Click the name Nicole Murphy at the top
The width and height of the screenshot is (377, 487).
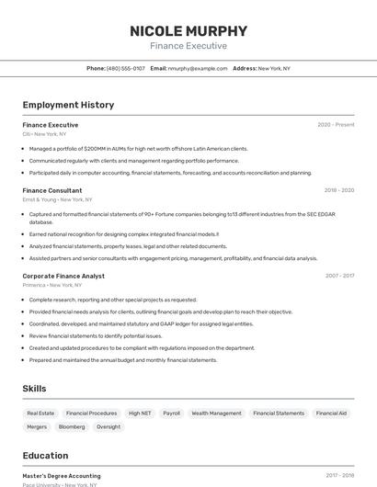coord(188,30)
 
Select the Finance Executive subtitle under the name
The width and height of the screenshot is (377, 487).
coord(188,46)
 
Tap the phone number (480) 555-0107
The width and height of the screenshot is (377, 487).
coord(126,69)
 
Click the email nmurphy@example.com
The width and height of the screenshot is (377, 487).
coord(198,69)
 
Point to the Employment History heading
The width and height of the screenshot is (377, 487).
coord(68,105)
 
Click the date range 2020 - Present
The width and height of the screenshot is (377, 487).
coord(336,125)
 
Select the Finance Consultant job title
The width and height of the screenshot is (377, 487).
coord(52,190)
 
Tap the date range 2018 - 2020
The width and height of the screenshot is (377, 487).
coord(339,190)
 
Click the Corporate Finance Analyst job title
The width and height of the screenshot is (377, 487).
coord(63,276)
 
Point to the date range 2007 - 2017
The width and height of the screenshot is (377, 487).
coord(339,276)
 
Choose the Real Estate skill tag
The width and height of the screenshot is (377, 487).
coord(41,413)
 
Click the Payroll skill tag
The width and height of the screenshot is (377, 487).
coord(172,413)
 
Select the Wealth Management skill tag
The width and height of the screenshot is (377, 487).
coord(216,413)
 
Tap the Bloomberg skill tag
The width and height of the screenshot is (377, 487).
coord(72,427)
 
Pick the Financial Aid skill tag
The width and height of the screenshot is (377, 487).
coord(331,413)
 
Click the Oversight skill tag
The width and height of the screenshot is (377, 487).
coord(109,427)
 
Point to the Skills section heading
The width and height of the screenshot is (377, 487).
coord(35,389)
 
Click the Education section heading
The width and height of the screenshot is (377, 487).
coord(46,456)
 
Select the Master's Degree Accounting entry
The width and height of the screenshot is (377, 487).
coord(62,476)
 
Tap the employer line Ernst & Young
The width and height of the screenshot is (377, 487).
coord(57,199)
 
